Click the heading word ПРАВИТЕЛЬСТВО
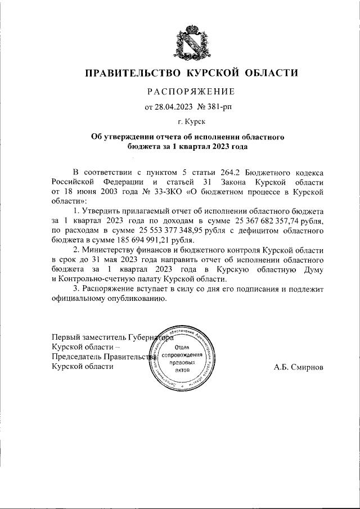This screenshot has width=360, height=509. [133, 73]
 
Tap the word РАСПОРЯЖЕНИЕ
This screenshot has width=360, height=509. [191, 91]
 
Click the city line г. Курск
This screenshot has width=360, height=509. [191, 121]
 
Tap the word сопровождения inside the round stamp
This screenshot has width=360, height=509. [181, 356]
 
